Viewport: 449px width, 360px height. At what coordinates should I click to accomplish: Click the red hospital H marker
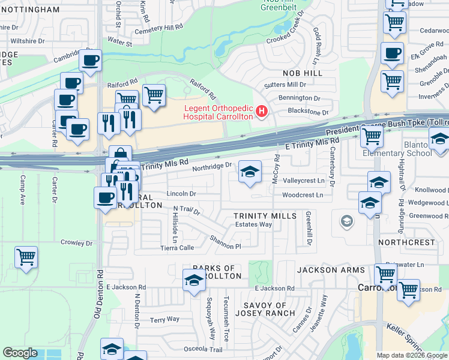[x=261, y=111]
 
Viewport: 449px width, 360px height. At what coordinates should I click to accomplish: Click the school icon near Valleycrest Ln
[x=250, y=172]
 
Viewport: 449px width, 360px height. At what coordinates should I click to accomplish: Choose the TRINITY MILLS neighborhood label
[x=265, y=215]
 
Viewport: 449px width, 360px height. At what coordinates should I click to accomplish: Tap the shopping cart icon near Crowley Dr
[x=26, y=257]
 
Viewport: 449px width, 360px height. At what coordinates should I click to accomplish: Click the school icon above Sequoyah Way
[x=193, y=280]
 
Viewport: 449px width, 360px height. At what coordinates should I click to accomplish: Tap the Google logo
[x=20, y=353]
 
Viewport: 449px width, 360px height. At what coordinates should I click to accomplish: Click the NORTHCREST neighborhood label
[x=406, y=242]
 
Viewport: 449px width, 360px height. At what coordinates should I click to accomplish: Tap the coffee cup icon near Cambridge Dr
[x=91, y=60]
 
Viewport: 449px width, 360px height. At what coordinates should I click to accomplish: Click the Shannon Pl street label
[x=225, y=242]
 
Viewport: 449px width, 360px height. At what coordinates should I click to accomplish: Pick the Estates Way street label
[x=253, y=224]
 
